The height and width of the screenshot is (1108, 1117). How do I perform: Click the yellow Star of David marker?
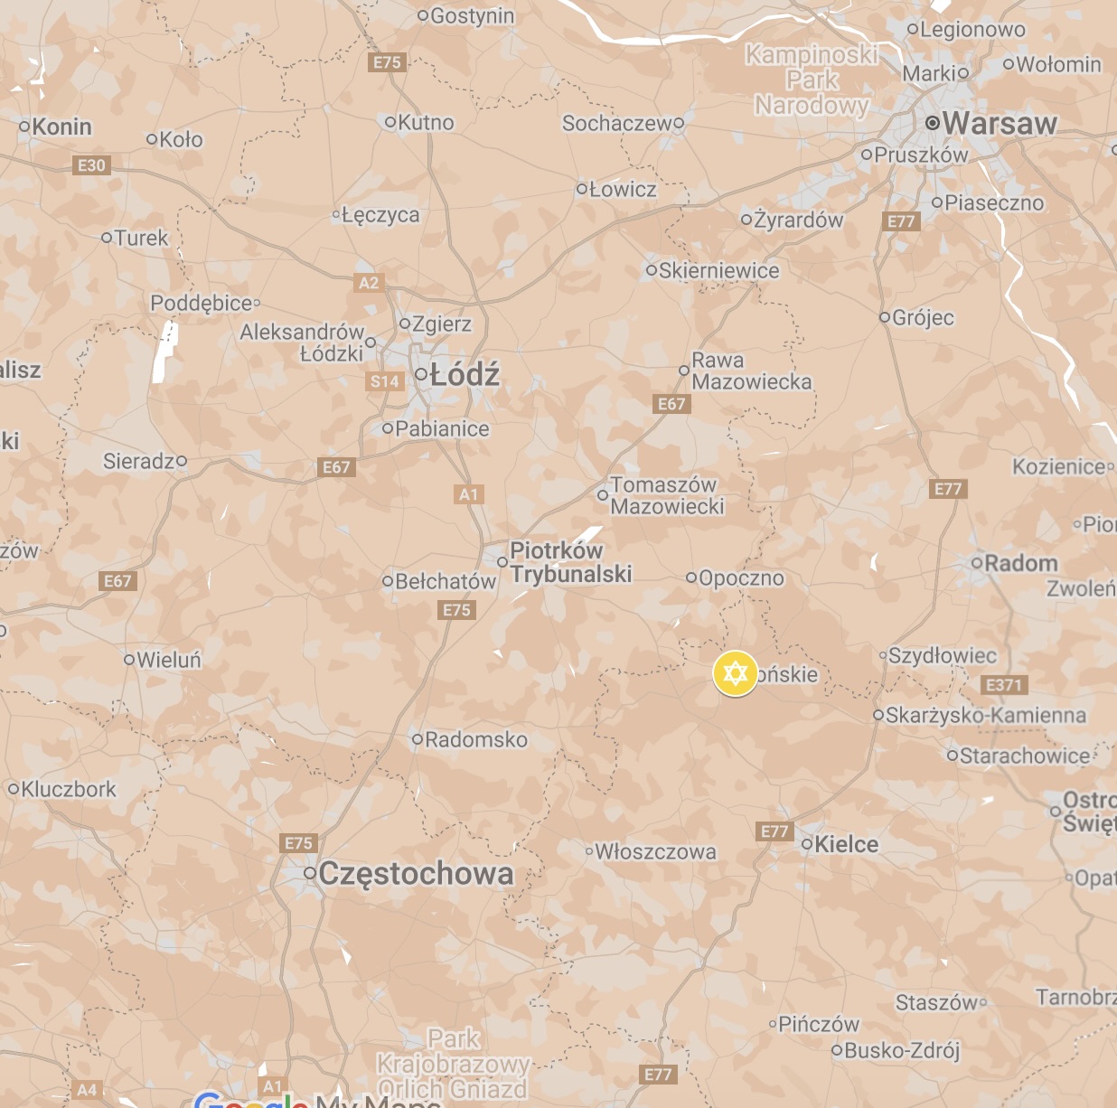(x=735, y=673)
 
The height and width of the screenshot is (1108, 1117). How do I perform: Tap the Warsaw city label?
(x=999, y=123)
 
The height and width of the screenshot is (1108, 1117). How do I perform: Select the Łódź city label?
(x=465, y=374)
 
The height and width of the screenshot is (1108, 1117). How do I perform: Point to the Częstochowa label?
(x=416, y=873)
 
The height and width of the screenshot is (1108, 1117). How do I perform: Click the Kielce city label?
(x=846, y=844)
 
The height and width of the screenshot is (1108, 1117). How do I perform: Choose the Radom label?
(x=1020, y=563)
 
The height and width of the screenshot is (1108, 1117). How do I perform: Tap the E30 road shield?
(x=91, y=165)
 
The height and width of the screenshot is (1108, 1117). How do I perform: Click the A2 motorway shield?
(x=369, y=283)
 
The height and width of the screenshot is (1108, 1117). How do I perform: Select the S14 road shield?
(x=384, y=381)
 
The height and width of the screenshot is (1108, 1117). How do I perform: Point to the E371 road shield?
(x=1003, y=685)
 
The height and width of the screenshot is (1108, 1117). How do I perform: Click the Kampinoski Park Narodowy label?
(x=812, y=80)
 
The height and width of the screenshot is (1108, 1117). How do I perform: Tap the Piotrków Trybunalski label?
(x=570, y=562)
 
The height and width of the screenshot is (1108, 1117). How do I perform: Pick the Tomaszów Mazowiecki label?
(x=667, y=495)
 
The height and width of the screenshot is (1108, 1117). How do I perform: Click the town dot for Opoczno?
(x=691, y=577)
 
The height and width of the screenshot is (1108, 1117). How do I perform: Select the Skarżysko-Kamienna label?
(x=986, y=715)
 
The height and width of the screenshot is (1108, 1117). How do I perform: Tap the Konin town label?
(x=61, y=127)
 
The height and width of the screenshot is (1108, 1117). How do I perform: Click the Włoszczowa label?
(x=655, y=851)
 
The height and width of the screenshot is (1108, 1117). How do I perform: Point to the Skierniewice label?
(x=718, y=270)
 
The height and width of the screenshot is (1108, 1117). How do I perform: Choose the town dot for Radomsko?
(x=418, y=739)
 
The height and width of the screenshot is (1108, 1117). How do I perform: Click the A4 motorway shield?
(x=87, y=1090)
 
